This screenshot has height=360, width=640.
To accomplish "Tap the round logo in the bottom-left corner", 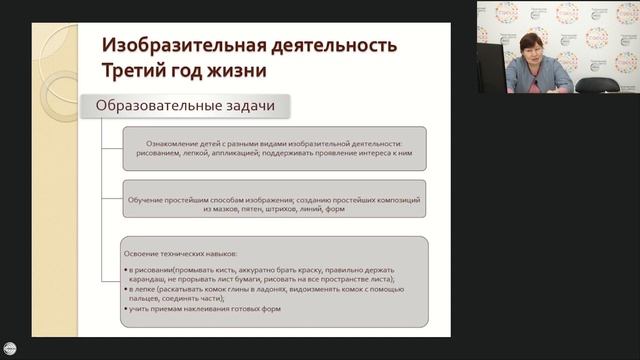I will coord(12,338).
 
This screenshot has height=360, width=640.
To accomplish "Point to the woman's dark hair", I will coord(528,37).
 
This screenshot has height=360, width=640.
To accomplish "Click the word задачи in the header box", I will coord(249,105).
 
